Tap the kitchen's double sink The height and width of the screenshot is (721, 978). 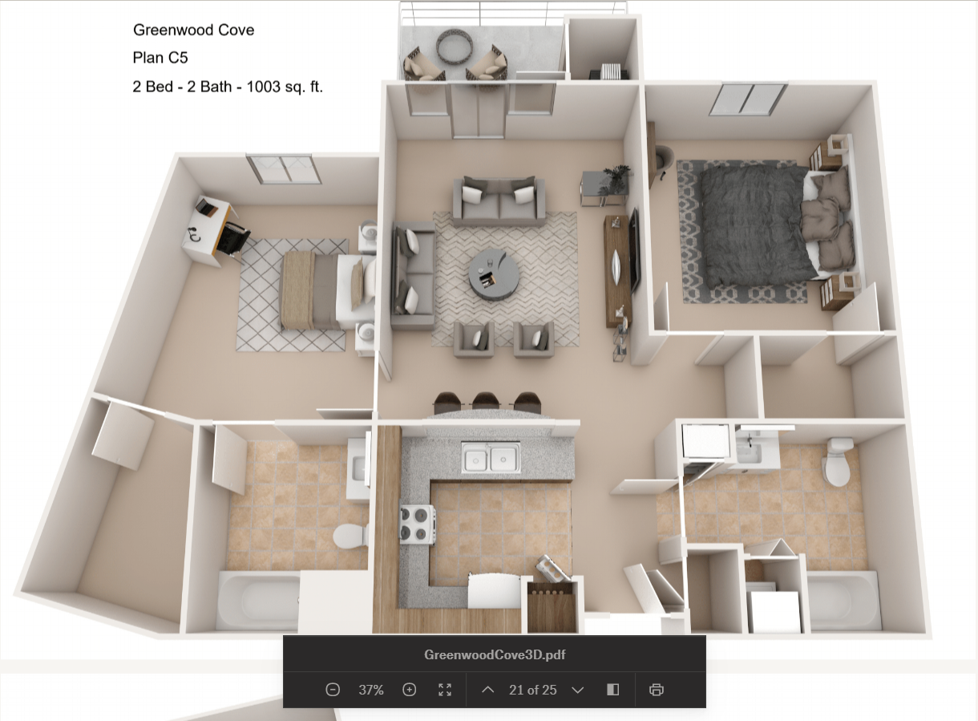[x=490, y=458]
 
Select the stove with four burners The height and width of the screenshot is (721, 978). [x=417, y=525]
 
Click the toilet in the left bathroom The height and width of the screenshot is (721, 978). [x=350, y=534]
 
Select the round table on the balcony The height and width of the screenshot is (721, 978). [x=455, y=47]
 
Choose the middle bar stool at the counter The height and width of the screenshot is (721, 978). [x=485, y=400]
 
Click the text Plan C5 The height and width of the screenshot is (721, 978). [x=160, y=58]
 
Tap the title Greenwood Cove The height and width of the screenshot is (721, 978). [x=193, y=30]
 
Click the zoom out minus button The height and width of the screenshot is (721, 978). [x=333, y=690]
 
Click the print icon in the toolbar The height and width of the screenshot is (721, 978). [x=657, y=690]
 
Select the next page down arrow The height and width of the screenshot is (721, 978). [x=577, y=690]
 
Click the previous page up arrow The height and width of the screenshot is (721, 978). [x=487, y=690]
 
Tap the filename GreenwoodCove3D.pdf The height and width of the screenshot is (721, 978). [x=495, y=654]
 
